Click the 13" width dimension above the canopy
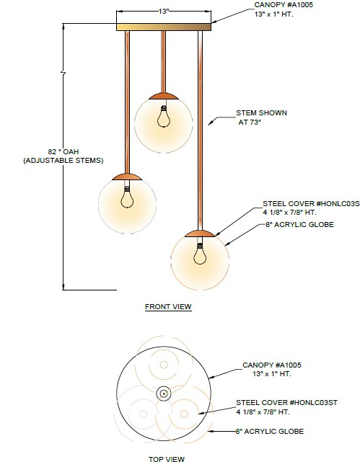163,12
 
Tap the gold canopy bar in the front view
164,27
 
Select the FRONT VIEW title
168,307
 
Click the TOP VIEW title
167,459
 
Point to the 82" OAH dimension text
63,151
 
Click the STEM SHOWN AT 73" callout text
261,117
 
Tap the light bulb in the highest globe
163,117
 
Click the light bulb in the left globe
127,197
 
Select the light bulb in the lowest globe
200,254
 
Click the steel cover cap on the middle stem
163,96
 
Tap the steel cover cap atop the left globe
127,177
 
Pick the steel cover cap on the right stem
200,234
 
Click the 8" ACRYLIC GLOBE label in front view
299,225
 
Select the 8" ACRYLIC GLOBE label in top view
270,431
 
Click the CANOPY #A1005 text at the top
284,5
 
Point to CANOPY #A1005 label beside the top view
272,365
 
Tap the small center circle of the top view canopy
164,394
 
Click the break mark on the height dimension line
63,72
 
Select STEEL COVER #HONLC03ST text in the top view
286,402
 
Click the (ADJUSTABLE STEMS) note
63,161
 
